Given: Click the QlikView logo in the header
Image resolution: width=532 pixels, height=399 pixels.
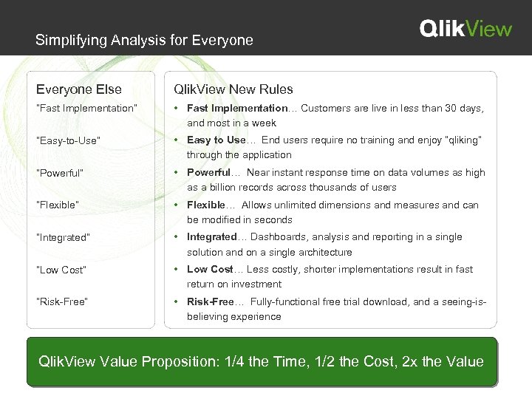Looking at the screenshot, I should click(465, 28).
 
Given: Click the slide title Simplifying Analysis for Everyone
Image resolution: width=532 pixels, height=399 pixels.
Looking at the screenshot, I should click(144, 40).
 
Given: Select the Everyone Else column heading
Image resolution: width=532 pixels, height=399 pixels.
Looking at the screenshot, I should click(79, 89).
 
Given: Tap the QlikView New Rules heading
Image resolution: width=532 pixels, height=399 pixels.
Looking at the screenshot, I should click(233, 89).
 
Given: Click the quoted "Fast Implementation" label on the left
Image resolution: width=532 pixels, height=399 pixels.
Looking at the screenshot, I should click(87, 109).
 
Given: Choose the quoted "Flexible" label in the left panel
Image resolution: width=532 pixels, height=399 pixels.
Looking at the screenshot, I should click(61, 205).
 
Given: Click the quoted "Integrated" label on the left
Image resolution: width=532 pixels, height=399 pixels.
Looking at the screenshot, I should click(66, 237).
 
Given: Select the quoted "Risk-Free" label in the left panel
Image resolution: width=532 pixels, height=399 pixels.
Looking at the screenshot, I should click(64, 301).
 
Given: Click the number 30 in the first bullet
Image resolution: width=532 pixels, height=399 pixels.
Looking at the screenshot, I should click(441, 109).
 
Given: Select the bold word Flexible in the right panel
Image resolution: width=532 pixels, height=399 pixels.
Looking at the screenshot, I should click(205, 205).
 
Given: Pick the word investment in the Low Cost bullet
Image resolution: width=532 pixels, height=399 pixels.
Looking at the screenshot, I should click(256, 284).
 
